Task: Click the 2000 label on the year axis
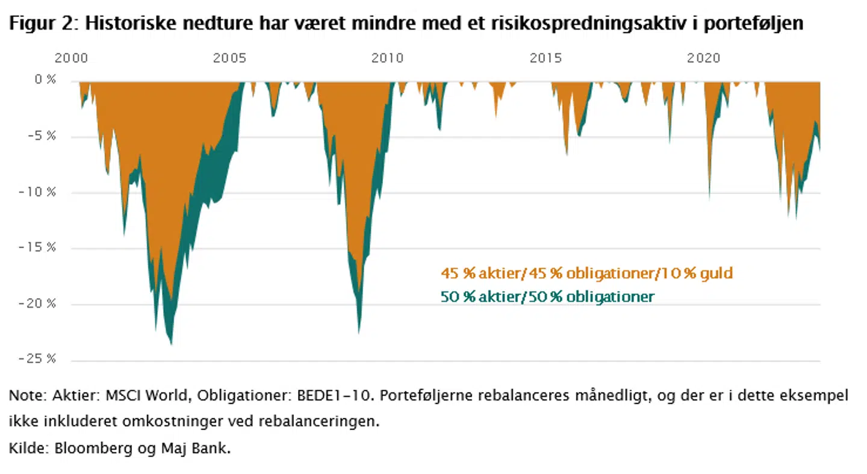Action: point(71,58)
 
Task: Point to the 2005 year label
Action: point(229,58)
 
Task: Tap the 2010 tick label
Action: point(387,58)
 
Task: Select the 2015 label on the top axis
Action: point(545,58)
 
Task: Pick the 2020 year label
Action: point(704,58)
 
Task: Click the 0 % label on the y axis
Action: point(43,81)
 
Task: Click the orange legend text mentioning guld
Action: point(586,273)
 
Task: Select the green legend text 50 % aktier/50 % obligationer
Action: point(547,296)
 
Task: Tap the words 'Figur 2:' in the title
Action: point(42,24)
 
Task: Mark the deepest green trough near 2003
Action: point(172,343)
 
